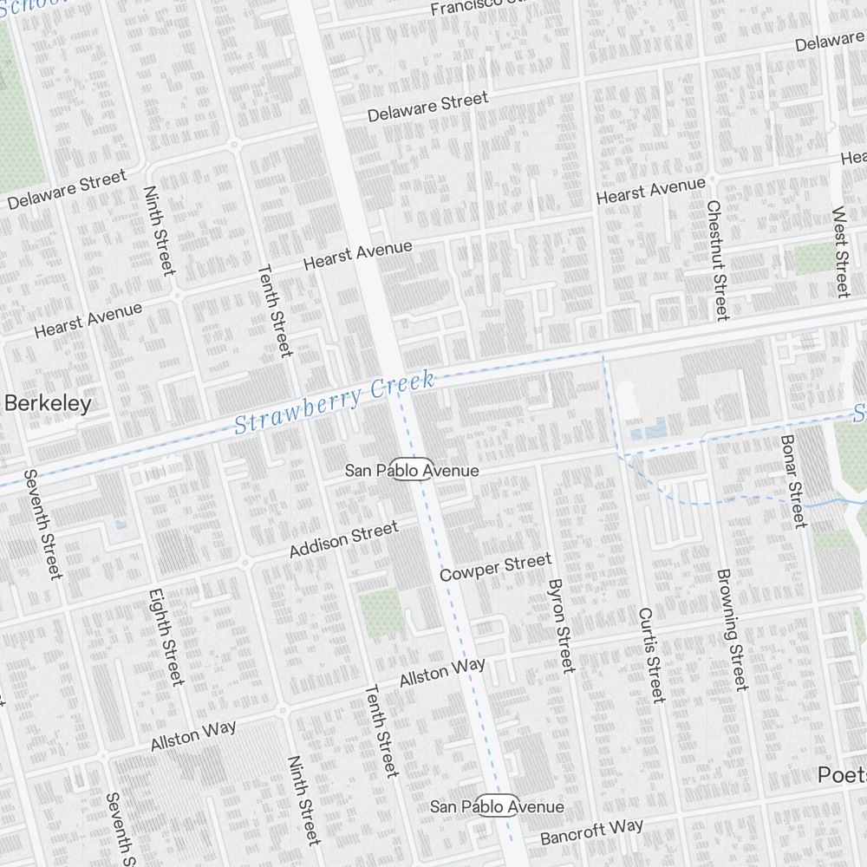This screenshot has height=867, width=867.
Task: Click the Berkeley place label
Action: tap(48, 404)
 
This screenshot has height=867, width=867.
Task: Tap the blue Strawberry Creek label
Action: tap(334, 404)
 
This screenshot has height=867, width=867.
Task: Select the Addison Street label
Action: tap(343, 539)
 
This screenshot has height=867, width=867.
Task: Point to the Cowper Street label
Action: tap(495, 568)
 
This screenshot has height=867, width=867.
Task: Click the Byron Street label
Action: tap(562, 625)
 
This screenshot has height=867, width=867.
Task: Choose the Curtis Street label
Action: tap(650, 655)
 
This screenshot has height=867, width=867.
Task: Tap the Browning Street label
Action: tap(730, 629)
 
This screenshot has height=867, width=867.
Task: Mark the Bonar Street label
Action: tap(793, 481)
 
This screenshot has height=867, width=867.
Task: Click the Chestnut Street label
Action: tap(718, 260)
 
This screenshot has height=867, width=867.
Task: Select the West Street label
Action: tap(841, 251)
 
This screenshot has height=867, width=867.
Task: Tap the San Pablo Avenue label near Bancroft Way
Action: tap(498, 806)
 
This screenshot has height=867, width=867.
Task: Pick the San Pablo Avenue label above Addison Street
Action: tap(412, 470)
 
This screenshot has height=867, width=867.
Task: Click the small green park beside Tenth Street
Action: tap(379, 611)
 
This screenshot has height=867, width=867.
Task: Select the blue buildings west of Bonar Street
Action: tap(649, 429)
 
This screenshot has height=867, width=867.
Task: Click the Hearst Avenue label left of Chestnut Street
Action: tap(650, 191)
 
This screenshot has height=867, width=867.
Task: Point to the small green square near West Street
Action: tap(812, 258)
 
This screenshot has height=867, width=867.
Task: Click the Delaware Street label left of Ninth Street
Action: tap(67, 190)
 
